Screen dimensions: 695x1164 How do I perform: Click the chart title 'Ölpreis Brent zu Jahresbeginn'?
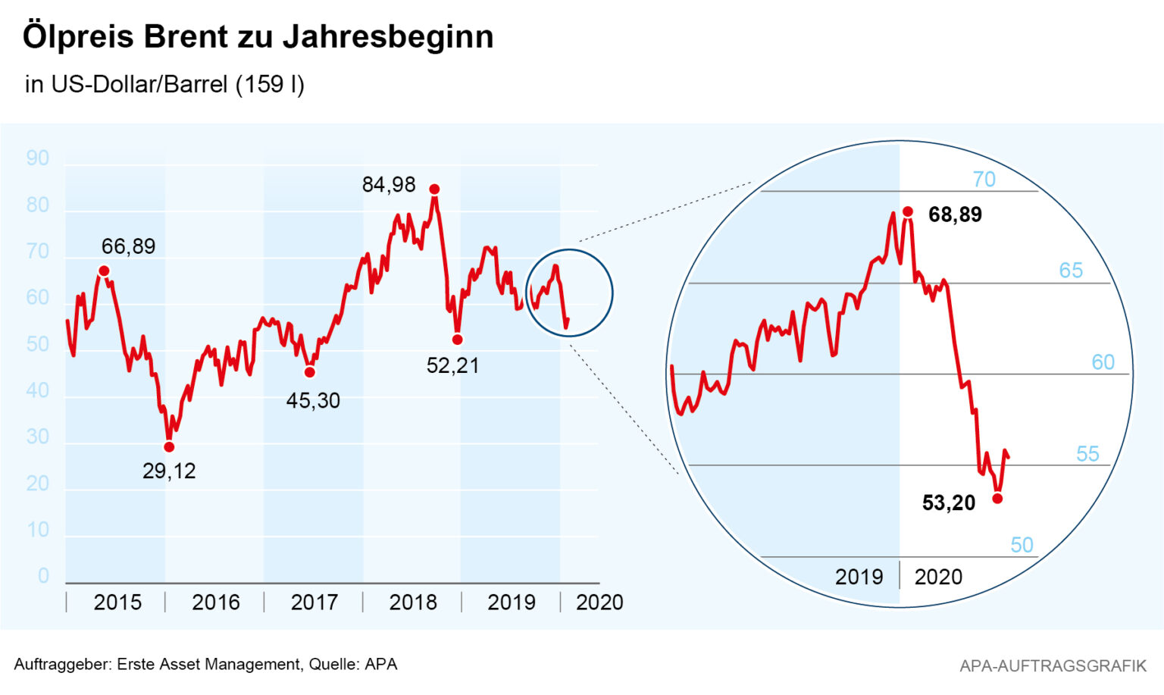[x=258, y=36]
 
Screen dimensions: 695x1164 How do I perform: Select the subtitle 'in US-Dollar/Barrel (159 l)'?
[x=164, y=84]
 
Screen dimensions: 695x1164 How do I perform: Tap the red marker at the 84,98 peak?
[x=434, y=189]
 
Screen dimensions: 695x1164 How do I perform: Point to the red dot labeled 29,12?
[x=169, y=447]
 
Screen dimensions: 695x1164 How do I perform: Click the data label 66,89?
[x=128, y=246]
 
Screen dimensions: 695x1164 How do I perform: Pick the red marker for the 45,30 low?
[x=309, y=372]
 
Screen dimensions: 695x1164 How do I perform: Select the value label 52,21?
[x=452, y=365]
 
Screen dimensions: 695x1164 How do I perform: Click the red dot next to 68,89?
[x=908, y=211]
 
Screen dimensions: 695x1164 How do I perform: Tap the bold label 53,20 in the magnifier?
[x=948, y=502]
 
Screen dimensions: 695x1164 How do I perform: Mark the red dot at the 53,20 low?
[x=997, y=498]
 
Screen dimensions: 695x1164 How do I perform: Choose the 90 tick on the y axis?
[x=37, y=158]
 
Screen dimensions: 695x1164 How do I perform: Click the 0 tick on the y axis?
[x=43, y=576]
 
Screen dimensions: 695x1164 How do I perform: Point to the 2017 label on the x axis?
[x=314, y=603]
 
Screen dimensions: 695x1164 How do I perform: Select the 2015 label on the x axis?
[x=117, y=603]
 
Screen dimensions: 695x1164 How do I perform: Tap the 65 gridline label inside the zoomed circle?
[x=1070, y=271]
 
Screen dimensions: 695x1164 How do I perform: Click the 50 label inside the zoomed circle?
[x=1022, y=545]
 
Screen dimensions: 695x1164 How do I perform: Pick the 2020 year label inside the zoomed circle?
[x=938, y=577]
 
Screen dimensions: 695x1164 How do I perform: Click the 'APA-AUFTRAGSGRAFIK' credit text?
[x=1053, y=665]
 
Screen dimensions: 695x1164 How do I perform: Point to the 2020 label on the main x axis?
[x=599, y=603]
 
